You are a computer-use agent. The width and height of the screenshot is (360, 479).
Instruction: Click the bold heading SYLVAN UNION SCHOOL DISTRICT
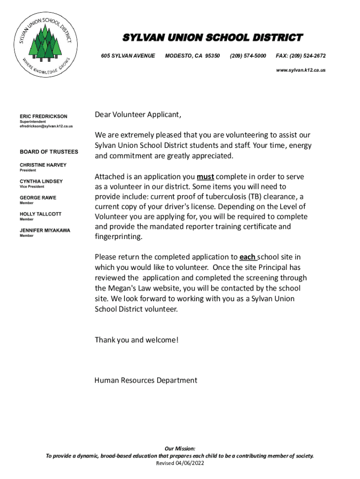[212, 37]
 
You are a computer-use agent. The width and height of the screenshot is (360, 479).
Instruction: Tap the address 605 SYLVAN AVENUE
[128, 56]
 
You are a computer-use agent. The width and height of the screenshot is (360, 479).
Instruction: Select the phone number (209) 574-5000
[248, 56]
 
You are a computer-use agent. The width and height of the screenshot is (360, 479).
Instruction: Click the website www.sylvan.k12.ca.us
[301, 70]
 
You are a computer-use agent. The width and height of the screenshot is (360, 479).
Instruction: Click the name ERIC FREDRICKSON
[43, 116]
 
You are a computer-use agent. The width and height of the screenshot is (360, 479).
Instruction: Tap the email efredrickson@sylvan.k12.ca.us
[46, 126]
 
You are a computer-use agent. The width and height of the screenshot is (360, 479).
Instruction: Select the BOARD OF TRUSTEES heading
[49, 152]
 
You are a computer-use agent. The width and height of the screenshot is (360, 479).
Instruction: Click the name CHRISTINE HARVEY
[43, 165]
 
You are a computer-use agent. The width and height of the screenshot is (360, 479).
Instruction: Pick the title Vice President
[32, 187]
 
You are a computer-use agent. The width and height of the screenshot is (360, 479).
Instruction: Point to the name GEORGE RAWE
[38, 198]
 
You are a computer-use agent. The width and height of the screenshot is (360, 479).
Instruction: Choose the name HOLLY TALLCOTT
[40, 214]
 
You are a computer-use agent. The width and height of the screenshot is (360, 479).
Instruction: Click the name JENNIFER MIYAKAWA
[44, 231]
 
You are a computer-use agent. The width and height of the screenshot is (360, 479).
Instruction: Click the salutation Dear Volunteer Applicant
[137, 115]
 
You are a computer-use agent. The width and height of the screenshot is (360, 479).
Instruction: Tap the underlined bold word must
[205, 177]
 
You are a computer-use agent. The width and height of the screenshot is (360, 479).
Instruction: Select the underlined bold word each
[247, 257]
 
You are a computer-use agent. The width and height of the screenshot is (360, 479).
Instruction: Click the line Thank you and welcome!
[137, 340]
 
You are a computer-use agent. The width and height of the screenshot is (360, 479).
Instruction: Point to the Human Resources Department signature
[146, 380]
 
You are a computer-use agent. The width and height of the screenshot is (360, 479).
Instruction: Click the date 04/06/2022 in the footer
[190, 463]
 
